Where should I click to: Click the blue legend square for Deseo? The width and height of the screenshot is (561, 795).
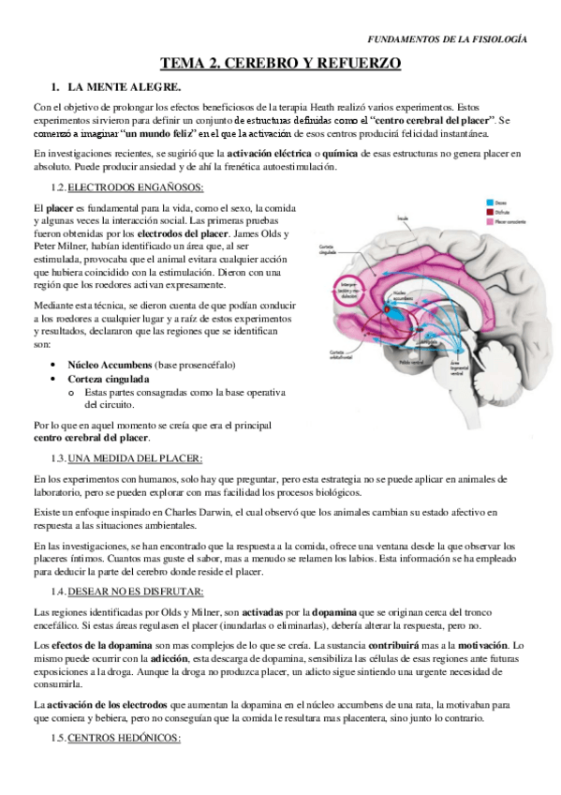coord(488,202)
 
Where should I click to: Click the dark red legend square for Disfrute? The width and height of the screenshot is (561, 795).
coord(488,211)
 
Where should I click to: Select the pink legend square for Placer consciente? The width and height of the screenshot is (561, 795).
coord(488,220)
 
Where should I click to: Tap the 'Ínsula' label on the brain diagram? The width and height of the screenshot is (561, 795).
coord(404,218)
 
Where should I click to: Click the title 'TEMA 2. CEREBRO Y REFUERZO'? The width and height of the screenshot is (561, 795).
coord(280,63)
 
